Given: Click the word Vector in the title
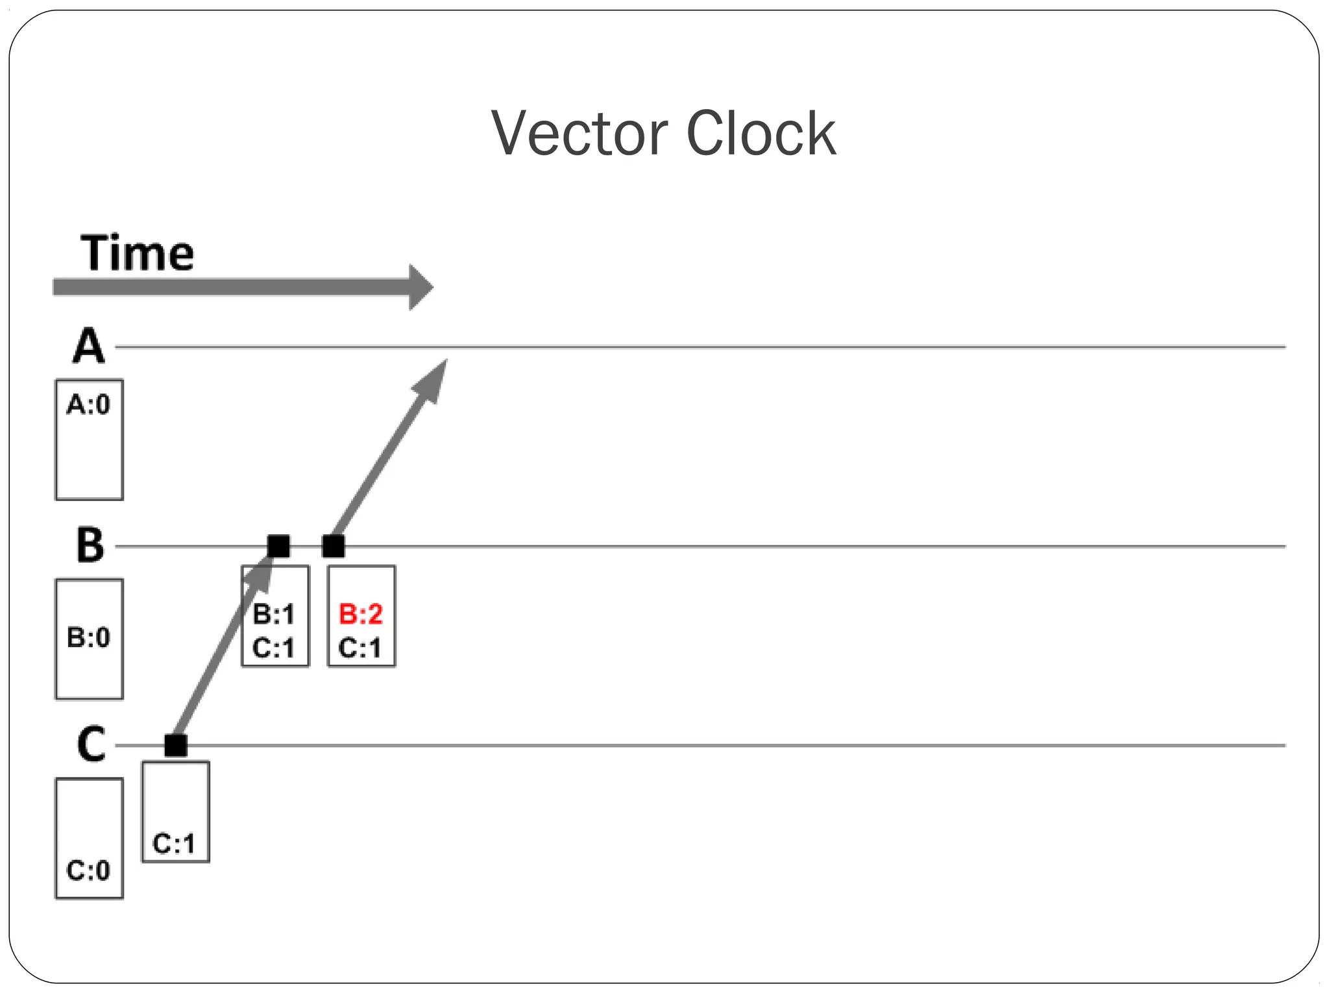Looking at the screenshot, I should click(x=579, y=134).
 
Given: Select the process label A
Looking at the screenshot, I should click(x=88, y=347).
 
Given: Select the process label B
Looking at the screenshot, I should click(x=90, y=545).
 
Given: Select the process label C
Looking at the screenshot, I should click(x=91, y=745).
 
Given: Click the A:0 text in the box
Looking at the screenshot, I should click(x=89, y=405).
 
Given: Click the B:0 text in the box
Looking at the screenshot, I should click(x=89, y=638).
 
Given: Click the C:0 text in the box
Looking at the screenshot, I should click(x=89, y=870).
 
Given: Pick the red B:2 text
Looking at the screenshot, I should click(x=361, y=614).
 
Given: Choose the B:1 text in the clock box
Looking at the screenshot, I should click(x=274, y=614).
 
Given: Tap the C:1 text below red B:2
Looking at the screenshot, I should click(x=360, y=648).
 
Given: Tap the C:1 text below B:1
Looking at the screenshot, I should click(x=274, y=648).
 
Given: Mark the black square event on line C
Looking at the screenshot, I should click(x=176, y=745).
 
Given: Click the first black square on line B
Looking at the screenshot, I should click(x=279, y=546).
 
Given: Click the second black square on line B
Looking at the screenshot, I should click(x=334, y=546).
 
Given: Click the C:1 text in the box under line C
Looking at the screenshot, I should click(x=174, y=844).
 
